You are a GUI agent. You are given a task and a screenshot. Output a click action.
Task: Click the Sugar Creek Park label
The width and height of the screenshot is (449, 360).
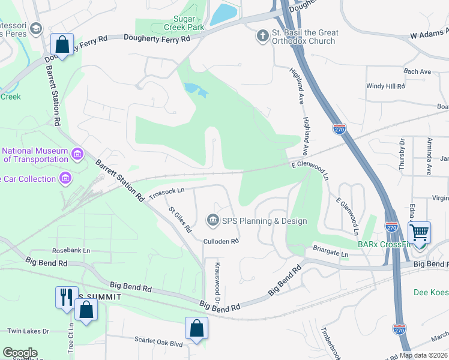185,23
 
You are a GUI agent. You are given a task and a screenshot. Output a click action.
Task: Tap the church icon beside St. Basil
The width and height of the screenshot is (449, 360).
262,37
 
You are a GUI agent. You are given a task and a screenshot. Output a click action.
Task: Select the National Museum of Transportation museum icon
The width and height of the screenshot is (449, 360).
77,155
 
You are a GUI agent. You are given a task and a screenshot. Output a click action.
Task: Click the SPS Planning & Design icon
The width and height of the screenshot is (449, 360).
212,221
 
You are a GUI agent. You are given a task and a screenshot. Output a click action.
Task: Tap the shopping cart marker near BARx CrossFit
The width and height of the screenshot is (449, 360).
419,231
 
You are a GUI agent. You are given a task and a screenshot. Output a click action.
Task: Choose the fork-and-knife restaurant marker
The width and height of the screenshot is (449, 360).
65,297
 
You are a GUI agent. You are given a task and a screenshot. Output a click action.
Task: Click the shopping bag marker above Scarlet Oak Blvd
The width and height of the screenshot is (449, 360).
196,328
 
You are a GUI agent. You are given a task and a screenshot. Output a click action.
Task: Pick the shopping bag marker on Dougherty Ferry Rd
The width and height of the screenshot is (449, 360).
62,43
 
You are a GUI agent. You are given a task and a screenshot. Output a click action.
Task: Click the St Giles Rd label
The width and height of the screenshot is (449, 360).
180,220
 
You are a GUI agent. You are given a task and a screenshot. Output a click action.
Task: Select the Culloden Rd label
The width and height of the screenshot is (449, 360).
221,241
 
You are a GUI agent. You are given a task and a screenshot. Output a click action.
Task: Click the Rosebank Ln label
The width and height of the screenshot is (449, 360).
71,250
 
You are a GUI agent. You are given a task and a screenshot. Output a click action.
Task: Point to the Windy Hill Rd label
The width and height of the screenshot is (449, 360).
385,86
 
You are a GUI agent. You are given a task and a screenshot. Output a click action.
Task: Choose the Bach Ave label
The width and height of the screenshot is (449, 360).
418,71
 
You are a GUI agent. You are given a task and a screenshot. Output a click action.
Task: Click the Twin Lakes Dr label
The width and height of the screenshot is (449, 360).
28,331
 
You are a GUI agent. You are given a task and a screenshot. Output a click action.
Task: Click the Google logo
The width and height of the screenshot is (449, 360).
20,353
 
